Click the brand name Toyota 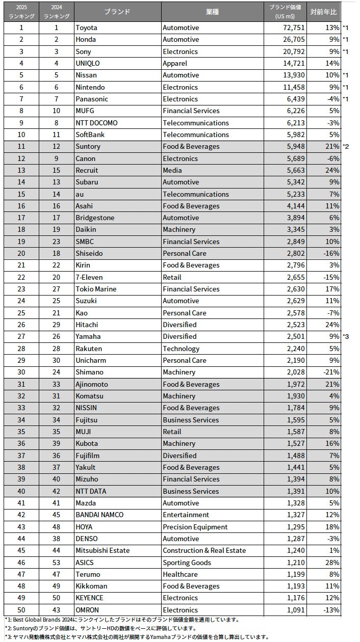pos(86,28)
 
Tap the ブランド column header pos(117,12)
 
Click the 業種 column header pos(212,12)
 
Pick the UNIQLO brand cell pos(88,63)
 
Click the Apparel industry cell pos(175,63)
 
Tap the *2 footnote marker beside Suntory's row pos(346,147)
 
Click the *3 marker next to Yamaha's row pos(346,337)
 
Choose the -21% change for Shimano pos(331,372)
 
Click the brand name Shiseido pos(89,253)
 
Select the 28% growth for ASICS pos(332,563)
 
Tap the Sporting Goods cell pos(187,563)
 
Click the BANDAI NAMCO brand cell pos(99,515)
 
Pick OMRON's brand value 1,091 pos(296,610)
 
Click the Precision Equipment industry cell pos(195,527)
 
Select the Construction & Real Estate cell pos(204,551)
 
